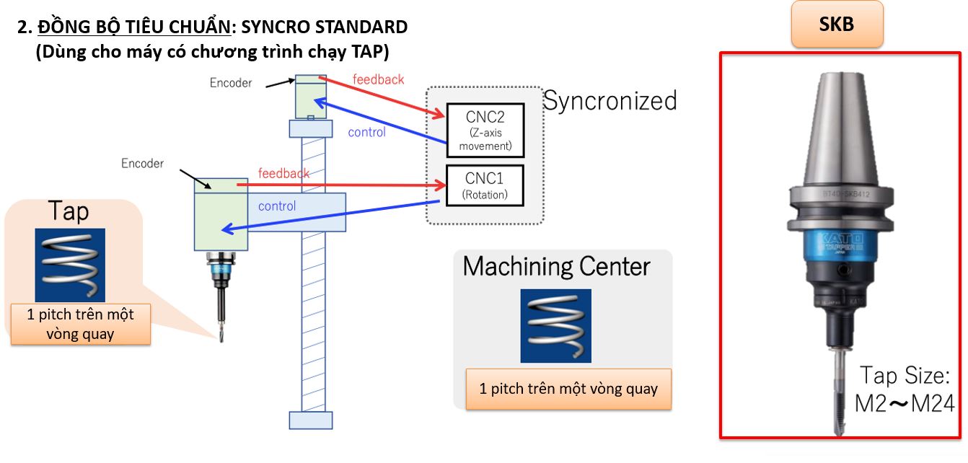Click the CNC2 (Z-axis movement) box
click(x=484, y=130)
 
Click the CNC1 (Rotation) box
click(x=484, y=185)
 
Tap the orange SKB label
click(x=836, y=25)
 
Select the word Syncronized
click(x=610, y=101)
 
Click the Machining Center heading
click(x=556, y=267)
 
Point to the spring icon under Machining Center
click(x=555, y=325)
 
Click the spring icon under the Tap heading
click(x=70, y=265)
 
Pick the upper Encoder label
click(x=231, y=83)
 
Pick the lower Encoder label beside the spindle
click(x=142, y=164)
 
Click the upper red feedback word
click(x=378, y=79)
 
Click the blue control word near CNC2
click(x=366, y=132)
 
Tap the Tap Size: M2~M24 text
click(x=905, y=389)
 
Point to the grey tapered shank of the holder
click(x=836, y=130)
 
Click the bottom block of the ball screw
click(x=311, y=420)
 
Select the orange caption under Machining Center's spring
click(x=568, y=389)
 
